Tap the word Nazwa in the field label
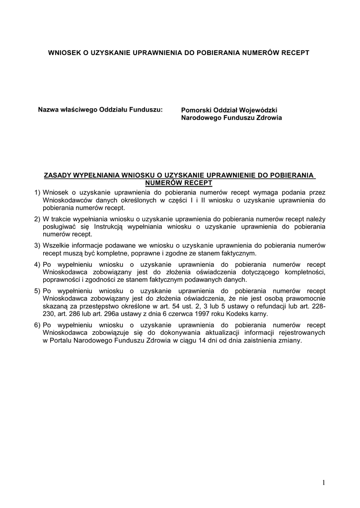pyautogui.click(x=49, y=109)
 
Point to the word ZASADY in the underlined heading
pyautogui.click(x=58, y=176)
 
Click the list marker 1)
pyautogui.click(x=37, y=192)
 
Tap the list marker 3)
pyautogui.click(x=37, y=245)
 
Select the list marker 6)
pyautogui.click(x=37, y=325)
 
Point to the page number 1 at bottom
pyautogui.click(x=323, y=482)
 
